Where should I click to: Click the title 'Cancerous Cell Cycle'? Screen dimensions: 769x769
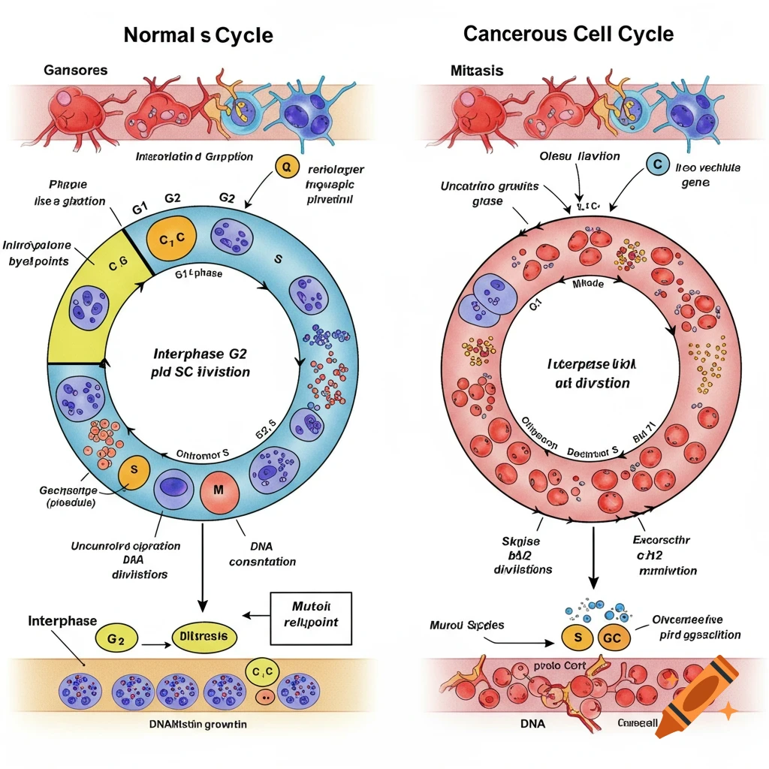point(568,34)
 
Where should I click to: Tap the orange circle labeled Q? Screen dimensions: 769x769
point(285,167)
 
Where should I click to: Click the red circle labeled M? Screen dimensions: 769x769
point(219,490)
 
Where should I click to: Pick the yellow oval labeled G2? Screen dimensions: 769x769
point(116,639)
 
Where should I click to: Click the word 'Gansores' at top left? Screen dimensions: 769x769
point(75,71)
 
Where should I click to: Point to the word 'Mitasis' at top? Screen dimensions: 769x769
point(476,71)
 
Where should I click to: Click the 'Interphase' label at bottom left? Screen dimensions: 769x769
point(62,621)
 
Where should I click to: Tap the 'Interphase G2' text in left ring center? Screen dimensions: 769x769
point(201,354)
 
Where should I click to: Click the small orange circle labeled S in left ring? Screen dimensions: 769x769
point(134,470)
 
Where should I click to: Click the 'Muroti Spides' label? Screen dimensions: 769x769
point(467,625)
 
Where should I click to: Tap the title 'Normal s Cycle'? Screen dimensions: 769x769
point(198,35)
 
